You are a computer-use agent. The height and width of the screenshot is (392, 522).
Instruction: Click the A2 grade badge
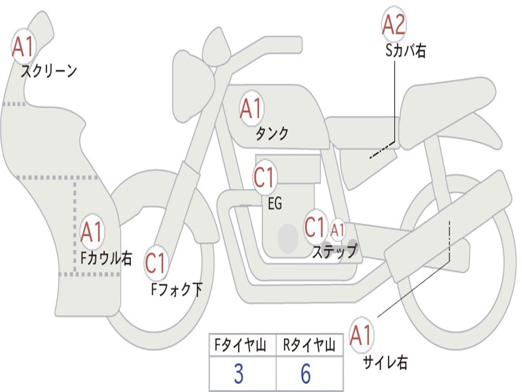click(394, 24)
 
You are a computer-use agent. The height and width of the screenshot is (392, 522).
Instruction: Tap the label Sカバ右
click(406, 51)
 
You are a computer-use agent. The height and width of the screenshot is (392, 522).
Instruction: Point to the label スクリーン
click(49, 71)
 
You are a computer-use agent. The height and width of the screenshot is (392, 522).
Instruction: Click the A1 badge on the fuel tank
click(251, 108)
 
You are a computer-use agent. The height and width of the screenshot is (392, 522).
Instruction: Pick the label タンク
click(272, 134)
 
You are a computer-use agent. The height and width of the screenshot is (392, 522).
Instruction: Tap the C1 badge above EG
click(264, 178)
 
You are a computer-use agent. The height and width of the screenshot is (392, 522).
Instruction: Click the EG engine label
click(275, 204)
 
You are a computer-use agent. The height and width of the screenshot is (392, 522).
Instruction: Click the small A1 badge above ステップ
click(337, 230)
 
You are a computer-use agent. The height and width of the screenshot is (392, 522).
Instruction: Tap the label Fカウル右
click(107, 258)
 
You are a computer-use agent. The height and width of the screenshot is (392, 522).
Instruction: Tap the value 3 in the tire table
click(238, 374)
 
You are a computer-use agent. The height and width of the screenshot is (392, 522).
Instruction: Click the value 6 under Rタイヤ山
click(305, 374)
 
